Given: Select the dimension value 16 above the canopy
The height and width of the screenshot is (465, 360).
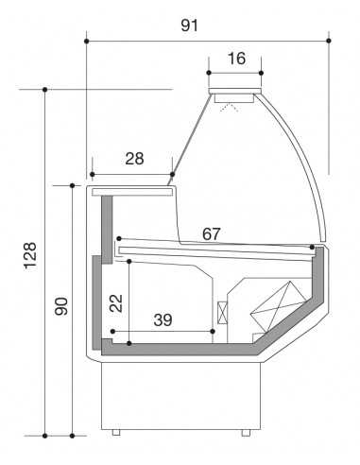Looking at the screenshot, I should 235,59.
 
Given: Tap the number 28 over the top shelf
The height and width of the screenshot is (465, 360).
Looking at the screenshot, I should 134,159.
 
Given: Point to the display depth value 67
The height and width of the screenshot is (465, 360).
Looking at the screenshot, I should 212,233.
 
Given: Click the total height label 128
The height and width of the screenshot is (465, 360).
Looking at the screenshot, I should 30,256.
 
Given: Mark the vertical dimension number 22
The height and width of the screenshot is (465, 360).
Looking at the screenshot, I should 114,301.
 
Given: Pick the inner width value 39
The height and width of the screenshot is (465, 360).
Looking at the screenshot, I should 163,320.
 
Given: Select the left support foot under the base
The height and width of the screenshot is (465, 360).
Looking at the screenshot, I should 116,432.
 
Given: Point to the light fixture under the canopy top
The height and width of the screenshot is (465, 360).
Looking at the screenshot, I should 234,96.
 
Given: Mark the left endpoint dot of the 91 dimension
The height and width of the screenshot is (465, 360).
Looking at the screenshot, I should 87,41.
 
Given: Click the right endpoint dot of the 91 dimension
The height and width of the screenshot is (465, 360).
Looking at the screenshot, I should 329,41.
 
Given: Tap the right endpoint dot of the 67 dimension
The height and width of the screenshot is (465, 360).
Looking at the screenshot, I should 313,249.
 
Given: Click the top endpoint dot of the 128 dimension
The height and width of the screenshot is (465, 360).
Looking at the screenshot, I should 44,89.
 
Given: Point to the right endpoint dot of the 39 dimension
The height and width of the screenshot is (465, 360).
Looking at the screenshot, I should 215,332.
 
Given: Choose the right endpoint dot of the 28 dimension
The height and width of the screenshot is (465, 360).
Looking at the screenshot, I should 173,174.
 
